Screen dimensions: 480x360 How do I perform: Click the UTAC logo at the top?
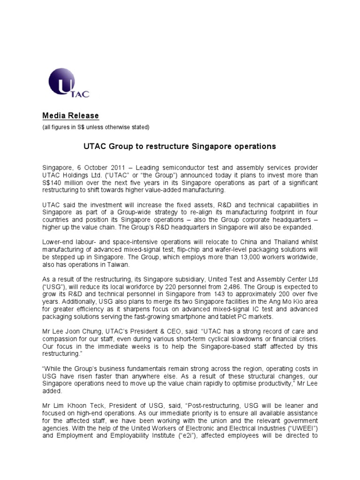click(68, 83)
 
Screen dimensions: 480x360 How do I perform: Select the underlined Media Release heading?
click(70, 116)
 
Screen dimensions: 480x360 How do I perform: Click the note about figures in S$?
click(96, 127)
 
